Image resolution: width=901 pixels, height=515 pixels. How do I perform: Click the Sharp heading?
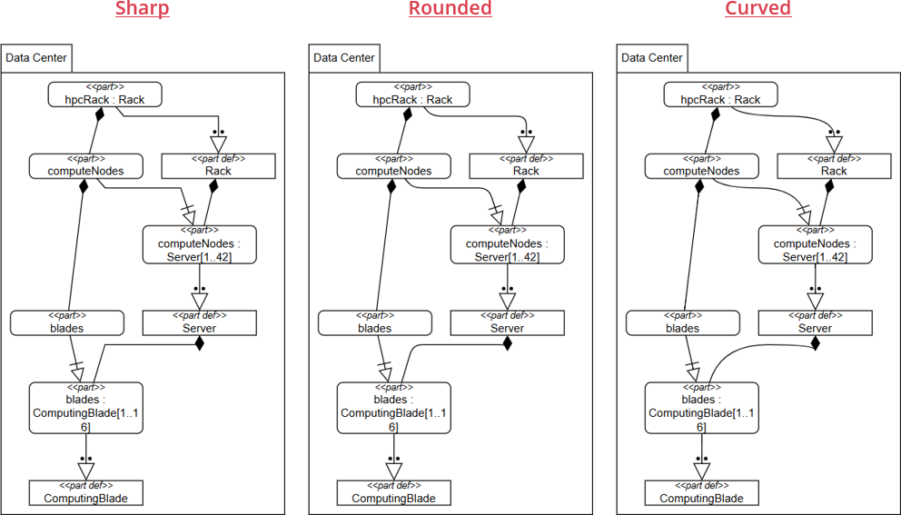tap(143, 8)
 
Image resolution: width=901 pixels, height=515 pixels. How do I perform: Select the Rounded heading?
tap(450, 8)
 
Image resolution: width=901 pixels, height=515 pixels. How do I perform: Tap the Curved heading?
tap(757, 8)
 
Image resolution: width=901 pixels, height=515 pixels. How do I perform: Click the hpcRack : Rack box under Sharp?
tap(104, 94)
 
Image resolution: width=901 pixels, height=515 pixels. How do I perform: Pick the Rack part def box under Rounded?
tap(527, 165)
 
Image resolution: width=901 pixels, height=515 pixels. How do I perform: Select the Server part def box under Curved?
tap(816, 323)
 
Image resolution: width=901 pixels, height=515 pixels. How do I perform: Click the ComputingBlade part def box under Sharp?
tap(86, 492)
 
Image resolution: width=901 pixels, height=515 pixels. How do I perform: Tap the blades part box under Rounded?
tap(374, 323)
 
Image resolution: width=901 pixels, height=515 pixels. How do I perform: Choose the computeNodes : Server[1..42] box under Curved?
tap(816, 245)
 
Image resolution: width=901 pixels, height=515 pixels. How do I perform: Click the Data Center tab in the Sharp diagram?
tap(36, 58)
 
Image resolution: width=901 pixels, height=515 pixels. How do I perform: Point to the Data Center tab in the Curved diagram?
tap(652, 58)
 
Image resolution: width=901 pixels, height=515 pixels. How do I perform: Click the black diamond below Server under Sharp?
tap(200, 343)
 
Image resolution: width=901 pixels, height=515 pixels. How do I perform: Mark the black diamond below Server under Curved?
tap(816, 343)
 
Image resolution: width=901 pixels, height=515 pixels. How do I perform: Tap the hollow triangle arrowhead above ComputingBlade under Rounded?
tap(393, 471)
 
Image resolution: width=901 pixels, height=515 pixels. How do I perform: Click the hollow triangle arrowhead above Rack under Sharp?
tap(219, 144)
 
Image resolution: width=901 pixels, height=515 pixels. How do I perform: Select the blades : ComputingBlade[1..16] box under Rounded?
tap(393, 408)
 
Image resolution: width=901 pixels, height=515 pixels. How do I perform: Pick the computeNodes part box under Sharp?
tap(86, 165)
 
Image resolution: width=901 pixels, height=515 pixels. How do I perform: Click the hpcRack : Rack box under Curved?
tap(720, 94)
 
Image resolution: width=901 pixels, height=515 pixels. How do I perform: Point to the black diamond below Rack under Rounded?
tap(521, 185)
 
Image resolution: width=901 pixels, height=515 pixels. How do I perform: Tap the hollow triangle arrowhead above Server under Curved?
tap(816, 302)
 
